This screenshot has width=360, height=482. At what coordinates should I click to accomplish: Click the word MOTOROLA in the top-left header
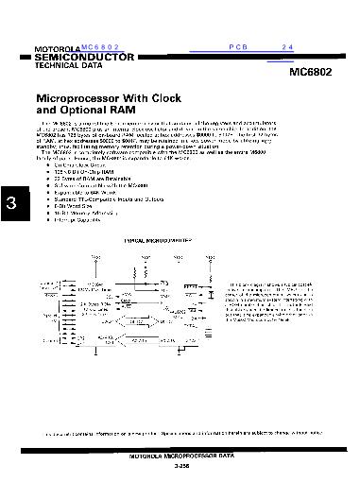57,48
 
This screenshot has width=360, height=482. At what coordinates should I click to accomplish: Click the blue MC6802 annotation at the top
102,45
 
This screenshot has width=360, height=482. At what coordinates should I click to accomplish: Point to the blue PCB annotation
236,45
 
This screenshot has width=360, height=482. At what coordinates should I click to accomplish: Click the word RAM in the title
142,110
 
